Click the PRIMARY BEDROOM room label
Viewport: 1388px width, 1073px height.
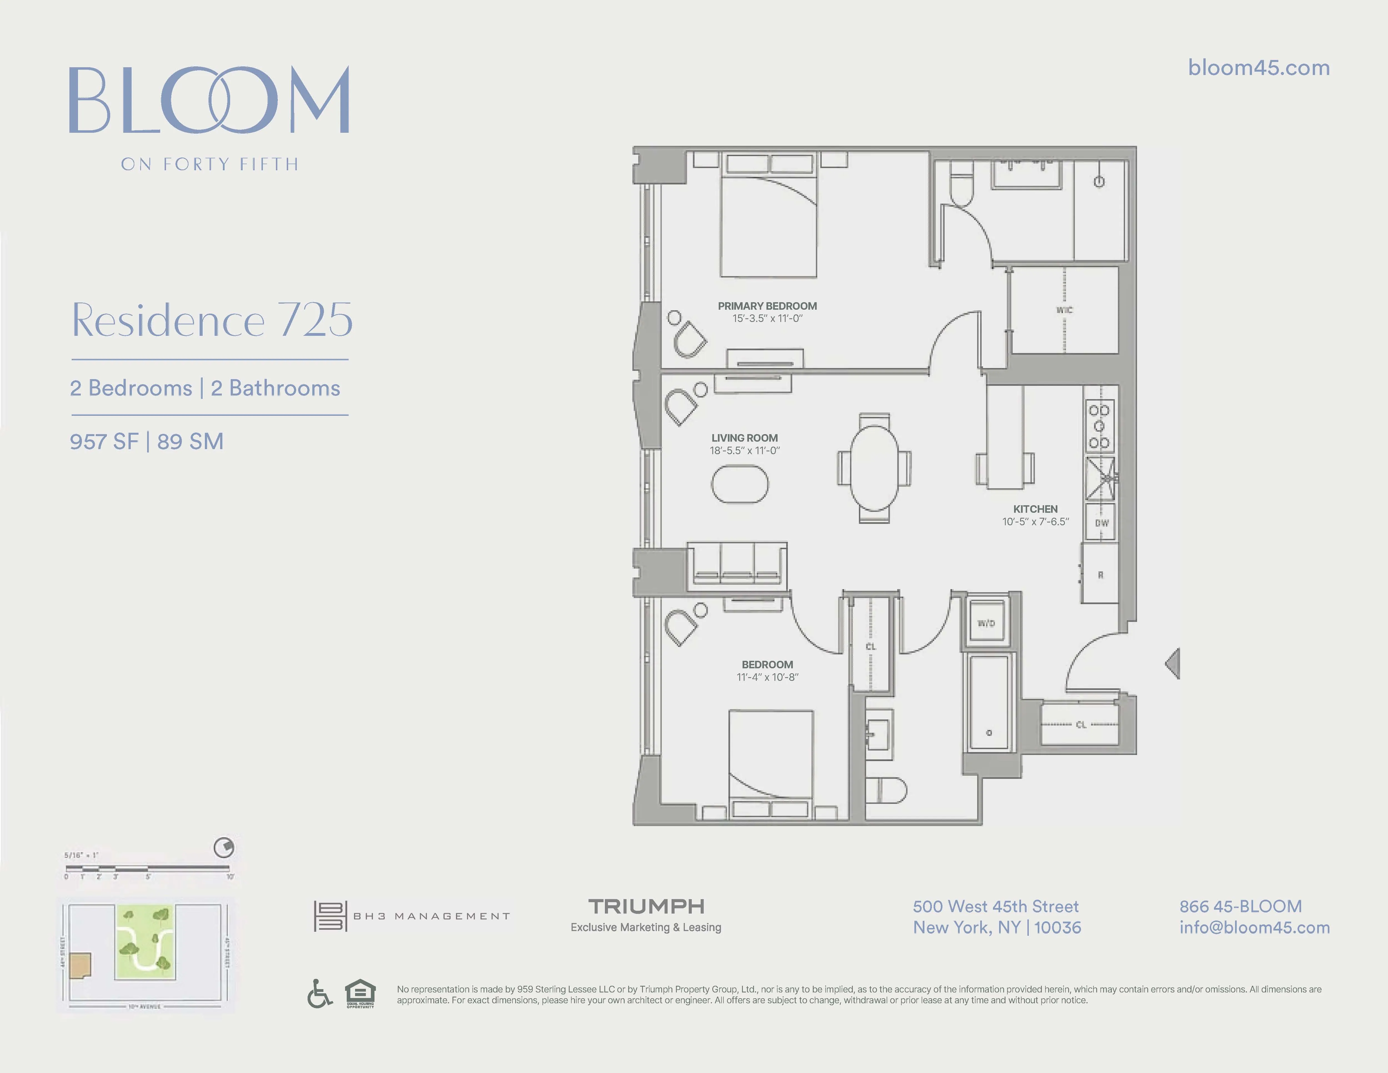(x=767, y=306)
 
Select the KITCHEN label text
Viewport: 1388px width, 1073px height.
(x=1035, y=509)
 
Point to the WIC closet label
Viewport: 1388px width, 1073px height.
(x=1065, y=310)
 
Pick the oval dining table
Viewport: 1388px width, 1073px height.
(x=874, y=468)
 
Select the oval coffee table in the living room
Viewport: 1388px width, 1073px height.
(x=740, y=485)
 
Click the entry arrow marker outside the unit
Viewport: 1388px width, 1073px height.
(x=1173, y=664)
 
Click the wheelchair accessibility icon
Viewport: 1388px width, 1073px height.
(x=320, y=994)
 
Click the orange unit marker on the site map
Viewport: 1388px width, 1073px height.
(x=81, y=965)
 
